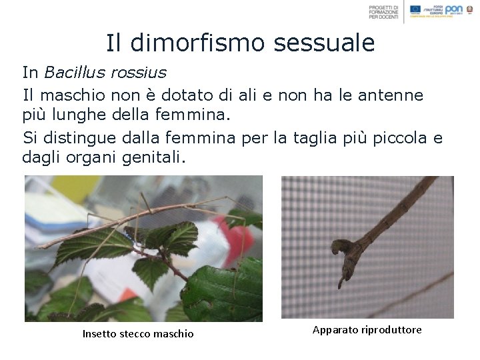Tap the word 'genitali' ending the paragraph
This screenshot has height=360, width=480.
coord(158,159)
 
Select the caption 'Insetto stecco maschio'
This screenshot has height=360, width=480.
coord(138,333)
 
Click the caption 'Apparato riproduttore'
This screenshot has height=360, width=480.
coord(367,330)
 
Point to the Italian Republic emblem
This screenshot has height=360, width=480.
coord(473,9)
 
